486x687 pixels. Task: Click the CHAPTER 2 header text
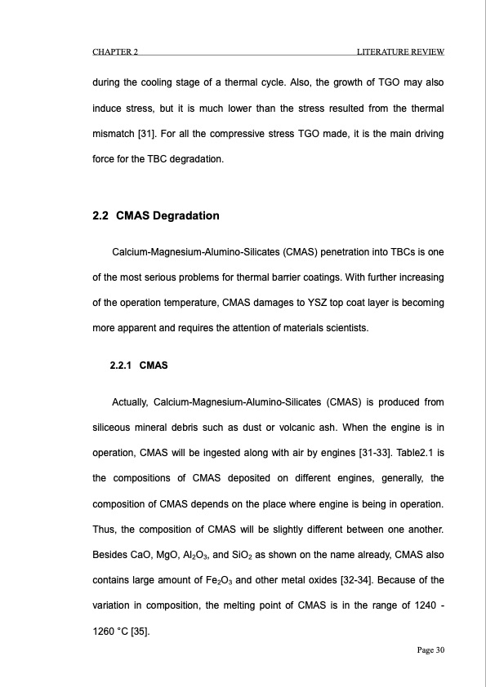click(x=114, y=53)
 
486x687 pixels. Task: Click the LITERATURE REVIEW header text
click(x=400, y=53)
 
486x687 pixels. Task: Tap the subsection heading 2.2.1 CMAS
click(x=138, y=365)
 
